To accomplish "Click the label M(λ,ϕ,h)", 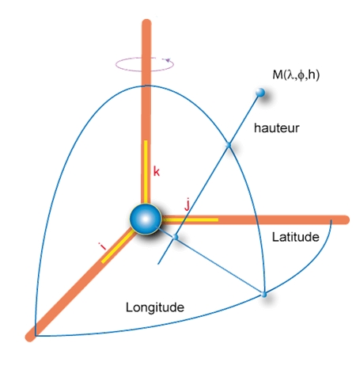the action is pyautogui.click(x=296, y=75).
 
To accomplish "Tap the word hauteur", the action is pyautogui.click(x=277, y=128).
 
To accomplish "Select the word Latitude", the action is pyautogui.click(x=296, y=237).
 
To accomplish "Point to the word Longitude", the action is pyautogui.click(x=155, y=307).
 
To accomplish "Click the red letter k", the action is pyautogui.click(x=157, y=172).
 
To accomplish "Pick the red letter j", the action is pyautogui.click(x=188, y=204).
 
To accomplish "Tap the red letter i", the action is pyautogui.click(x=102, y=246).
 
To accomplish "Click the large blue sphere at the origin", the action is pyautogui.click(x=146, y=219).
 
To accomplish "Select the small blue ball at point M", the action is pyautogui.click(x=260, y=93).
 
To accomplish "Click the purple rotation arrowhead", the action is pyautogui.click(x=168, y=60).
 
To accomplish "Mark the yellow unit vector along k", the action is pyautogui.click(x=146, y=172).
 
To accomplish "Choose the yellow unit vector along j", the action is pyautogui.click(x=190, y=219).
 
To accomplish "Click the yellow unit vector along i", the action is pyautogui.click(x=117, y=247).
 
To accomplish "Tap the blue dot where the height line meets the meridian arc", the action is pyautogui.click(x=229, y=145).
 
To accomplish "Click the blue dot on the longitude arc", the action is pyautogui.click(x=263, y=295).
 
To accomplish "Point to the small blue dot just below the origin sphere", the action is pyautogui.click(x=175, y=237).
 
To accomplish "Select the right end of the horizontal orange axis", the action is pyautogui.click(x=347, y=219).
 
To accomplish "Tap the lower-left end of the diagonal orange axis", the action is pyautogui.click(x=29, y=337).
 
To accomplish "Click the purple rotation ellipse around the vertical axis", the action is pyautogui.click(x=145, y=71).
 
